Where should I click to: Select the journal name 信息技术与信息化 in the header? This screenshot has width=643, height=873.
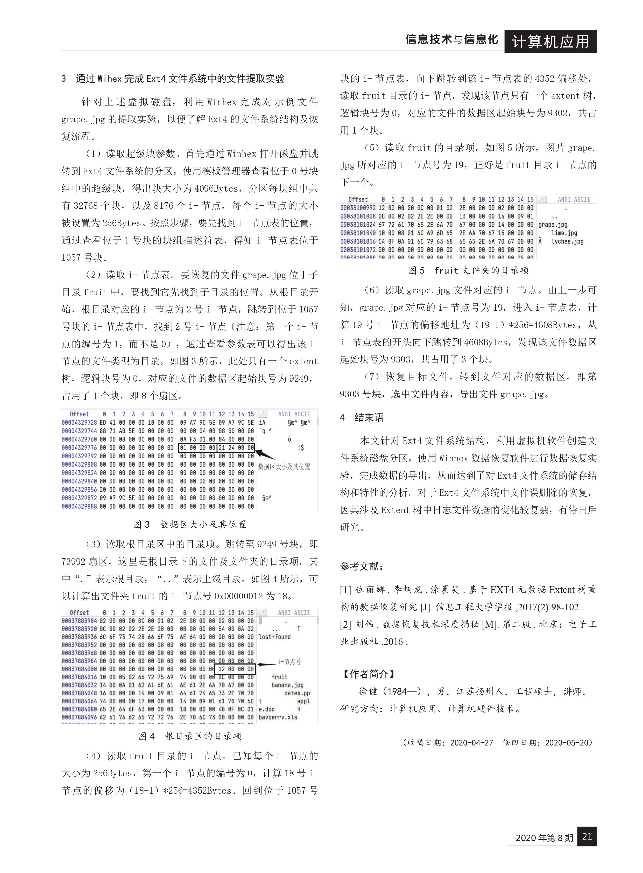451,40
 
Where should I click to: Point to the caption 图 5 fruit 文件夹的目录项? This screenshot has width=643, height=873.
468,270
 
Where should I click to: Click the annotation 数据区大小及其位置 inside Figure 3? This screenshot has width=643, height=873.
284,466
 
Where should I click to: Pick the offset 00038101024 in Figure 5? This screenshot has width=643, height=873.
358,225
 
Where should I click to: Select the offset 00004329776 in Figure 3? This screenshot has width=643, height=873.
79,448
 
